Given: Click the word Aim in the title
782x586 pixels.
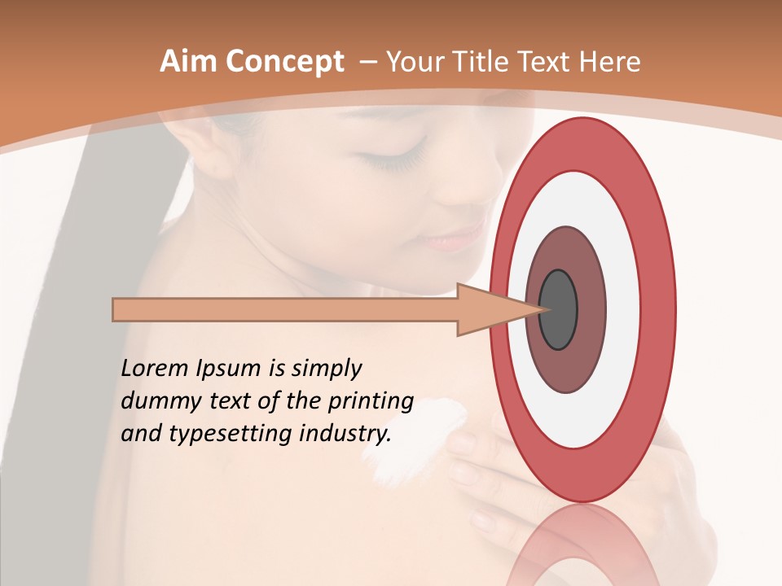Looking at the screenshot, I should (x=187, y=62).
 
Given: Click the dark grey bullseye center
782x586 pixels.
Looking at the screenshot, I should (x=558, y=309).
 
